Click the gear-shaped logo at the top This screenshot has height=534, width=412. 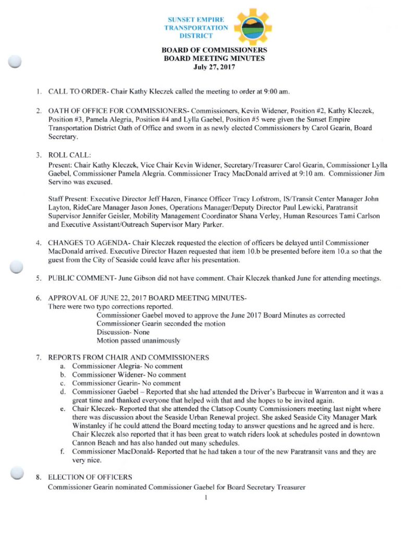point(252,26)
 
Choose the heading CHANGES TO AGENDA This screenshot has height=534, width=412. point(88,243)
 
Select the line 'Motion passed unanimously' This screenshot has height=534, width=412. point(138,341)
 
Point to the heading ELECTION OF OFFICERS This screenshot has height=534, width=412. point(90,477)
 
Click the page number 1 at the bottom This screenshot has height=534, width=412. point(207,497)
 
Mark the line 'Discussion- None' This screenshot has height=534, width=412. point(123,332)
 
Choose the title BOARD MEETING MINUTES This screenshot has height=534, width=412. point(214,59)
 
